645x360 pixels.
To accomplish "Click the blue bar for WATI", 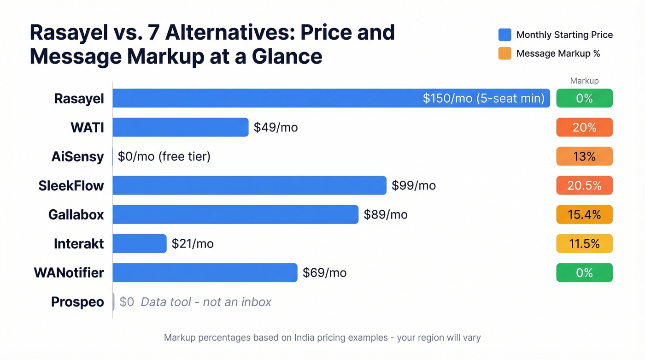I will point(180,127).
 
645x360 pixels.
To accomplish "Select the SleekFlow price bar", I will point(249,185).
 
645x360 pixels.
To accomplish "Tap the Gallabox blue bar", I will point(235,214).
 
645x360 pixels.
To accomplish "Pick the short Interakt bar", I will point(139,243).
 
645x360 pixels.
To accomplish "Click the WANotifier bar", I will point(205,272).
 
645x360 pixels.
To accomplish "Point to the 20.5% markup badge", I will point(584,185).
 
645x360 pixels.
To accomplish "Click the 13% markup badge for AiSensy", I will point(584,156).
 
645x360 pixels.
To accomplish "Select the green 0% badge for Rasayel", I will point(584,98).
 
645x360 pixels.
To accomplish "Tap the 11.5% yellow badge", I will point(584,243).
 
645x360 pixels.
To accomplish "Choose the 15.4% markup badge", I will point(584,214).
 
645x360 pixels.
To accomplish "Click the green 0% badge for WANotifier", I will point(584,272).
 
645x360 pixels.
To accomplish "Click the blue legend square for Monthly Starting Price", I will point(504,35).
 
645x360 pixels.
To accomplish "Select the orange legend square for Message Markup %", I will point(504,53).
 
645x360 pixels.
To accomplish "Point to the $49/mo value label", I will point(276,127).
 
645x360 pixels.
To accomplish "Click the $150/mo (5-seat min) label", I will point(483,98).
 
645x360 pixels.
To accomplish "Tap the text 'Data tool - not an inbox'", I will point(206,302).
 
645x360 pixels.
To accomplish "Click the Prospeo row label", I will point(77,302).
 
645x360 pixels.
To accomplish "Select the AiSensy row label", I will point(77,157).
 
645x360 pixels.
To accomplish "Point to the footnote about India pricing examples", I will point(322,338).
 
